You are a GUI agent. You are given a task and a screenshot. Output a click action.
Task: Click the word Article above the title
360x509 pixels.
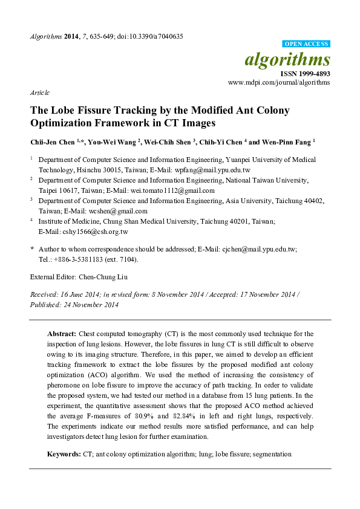click(39, 93)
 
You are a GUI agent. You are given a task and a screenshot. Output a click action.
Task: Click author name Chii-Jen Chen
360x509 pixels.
click(51, 141)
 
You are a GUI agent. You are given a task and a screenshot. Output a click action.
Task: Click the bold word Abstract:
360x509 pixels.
click(61, 334)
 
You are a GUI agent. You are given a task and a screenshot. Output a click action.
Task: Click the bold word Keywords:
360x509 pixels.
click(64, 453)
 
